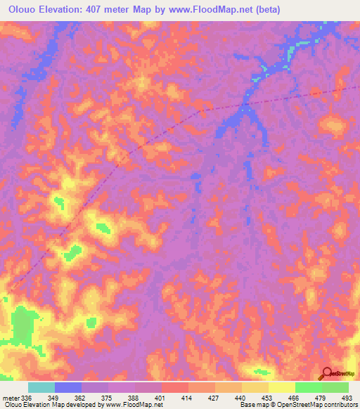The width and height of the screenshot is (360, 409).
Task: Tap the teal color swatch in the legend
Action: coord(41,387)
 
